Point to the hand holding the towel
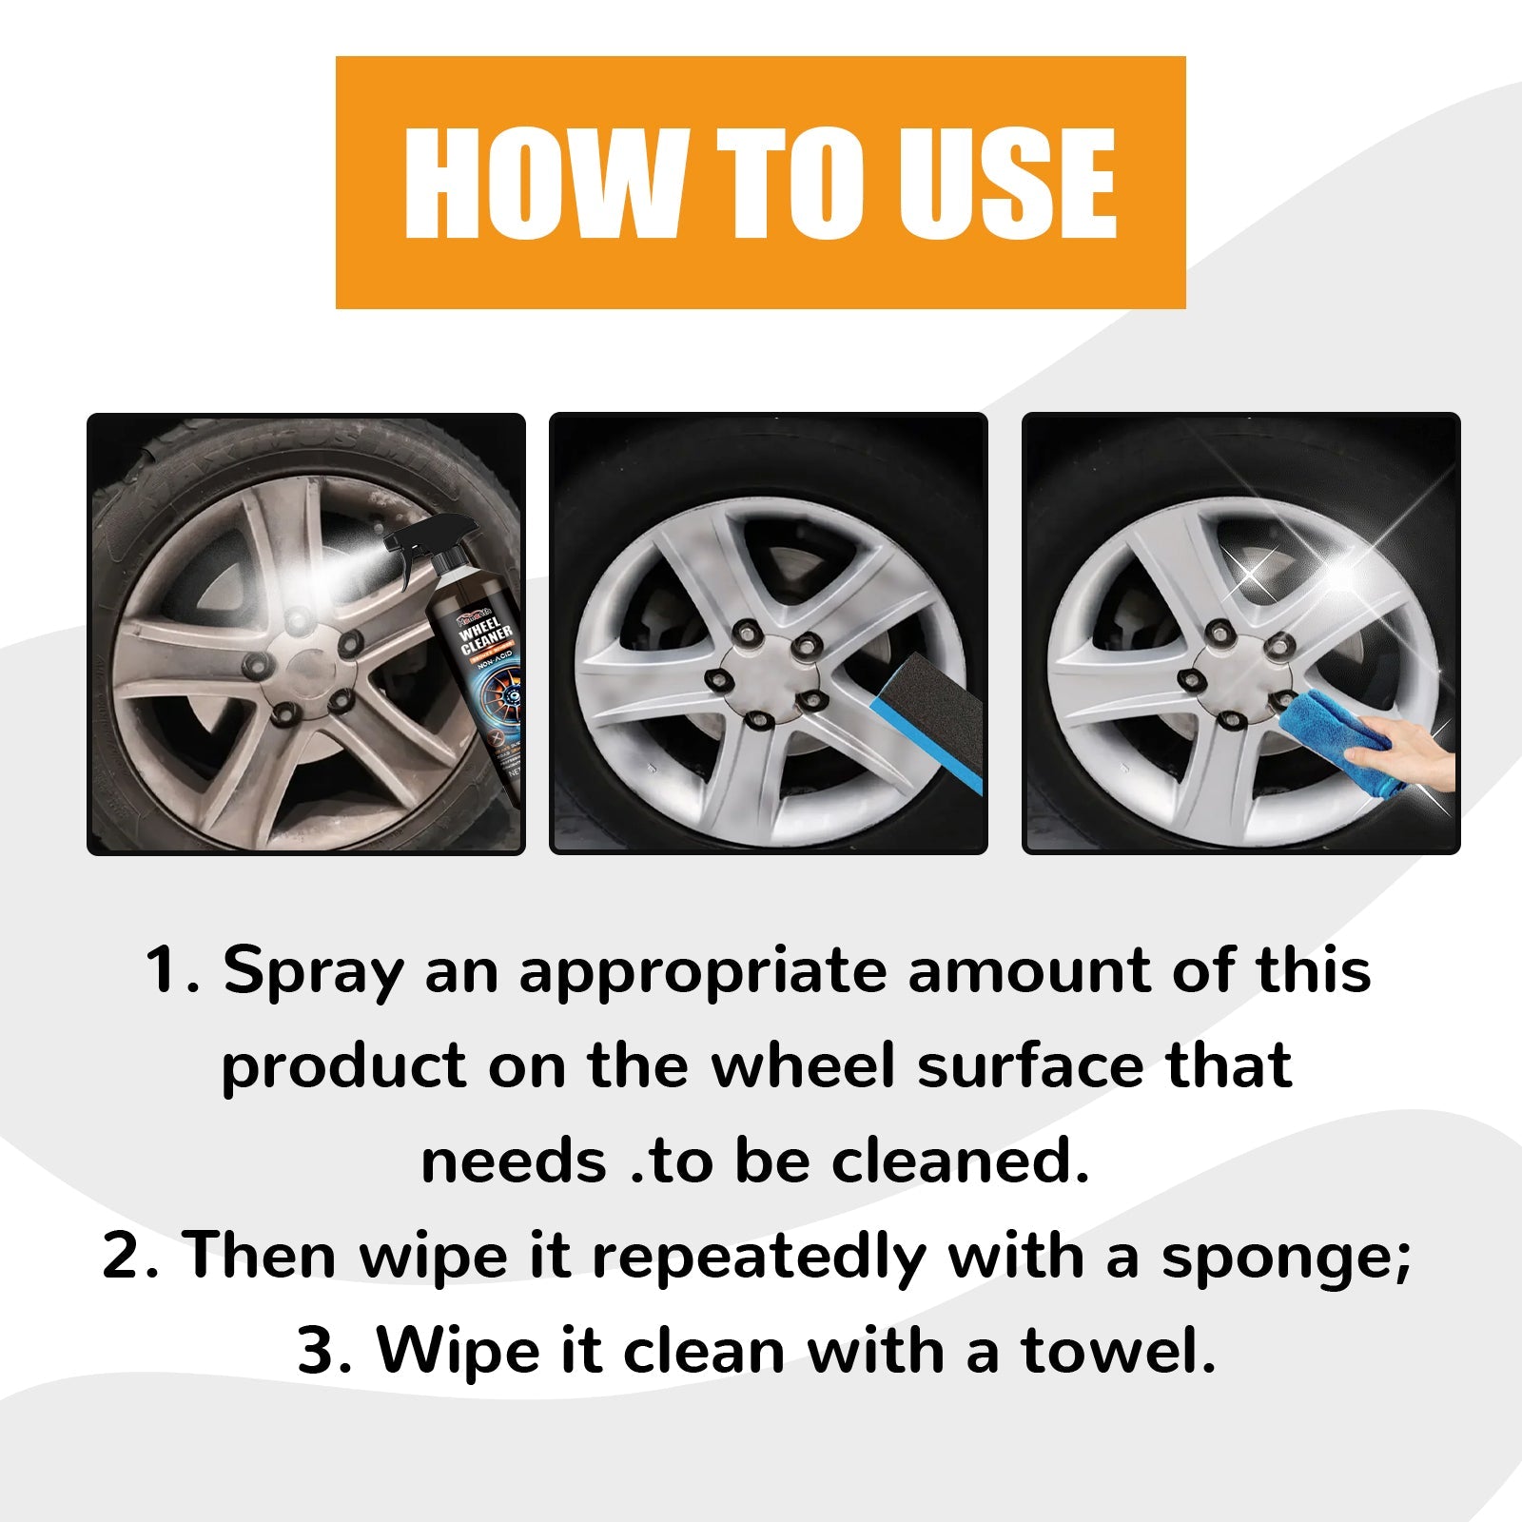coord(1417,751)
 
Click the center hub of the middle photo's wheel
coord(762,666)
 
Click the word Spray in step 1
coord(313,972)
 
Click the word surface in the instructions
coord(1032,1065)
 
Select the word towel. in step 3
coord(1119,1351)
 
